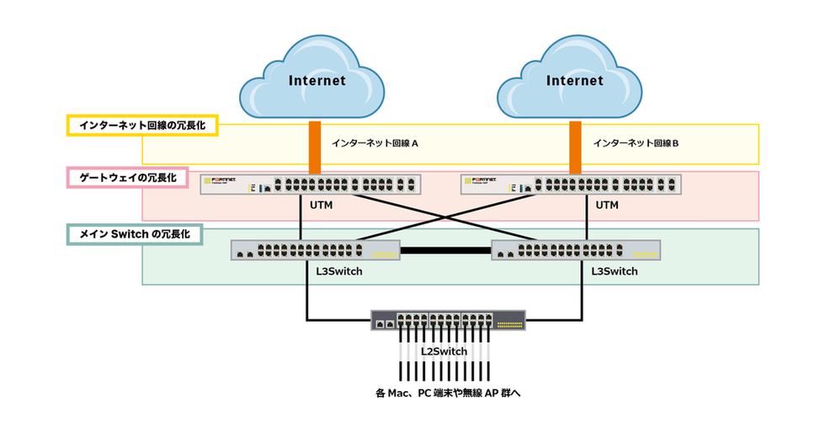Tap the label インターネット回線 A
(x=375, y=143)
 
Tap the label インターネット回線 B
(x=636, y=143)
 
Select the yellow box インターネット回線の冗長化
(x=142, y=126)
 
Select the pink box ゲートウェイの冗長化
(x=126, y=178)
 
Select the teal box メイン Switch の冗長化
(x=134, y=233)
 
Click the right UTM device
(x=570, y=185)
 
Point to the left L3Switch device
(x=316, y=250)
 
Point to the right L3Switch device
(x=576, y=250)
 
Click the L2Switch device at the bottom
(x=448, y=321)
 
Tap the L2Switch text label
(x=443, y=351)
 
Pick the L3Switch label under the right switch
(x=614, y=271)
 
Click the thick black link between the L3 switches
(x=446, y=250)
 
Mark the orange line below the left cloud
(x=315, y=147)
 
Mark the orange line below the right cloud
(x=575, y=147)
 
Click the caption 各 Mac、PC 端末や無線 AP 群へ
(x=443, y=393)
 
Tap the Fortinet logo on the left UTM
(x=225, y=179)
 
